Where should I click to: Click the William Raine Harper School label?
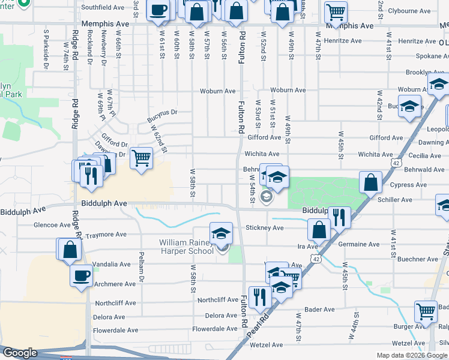185,247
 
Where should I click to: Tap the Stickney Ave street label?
265,228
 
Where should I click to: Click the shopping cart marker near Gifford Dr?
141,158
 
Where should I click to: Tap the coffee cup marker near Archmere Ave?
81,275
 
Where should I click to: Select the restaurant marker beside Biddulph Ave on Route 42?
340,217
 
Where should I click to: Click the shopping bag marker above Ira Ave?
319,229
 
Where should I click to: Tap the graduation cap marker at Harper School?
221,233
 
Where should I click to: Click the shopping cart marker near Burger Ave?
426,311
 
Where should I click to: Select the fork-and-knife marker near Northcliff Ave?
260,296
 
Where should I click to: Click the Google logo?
20,353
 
